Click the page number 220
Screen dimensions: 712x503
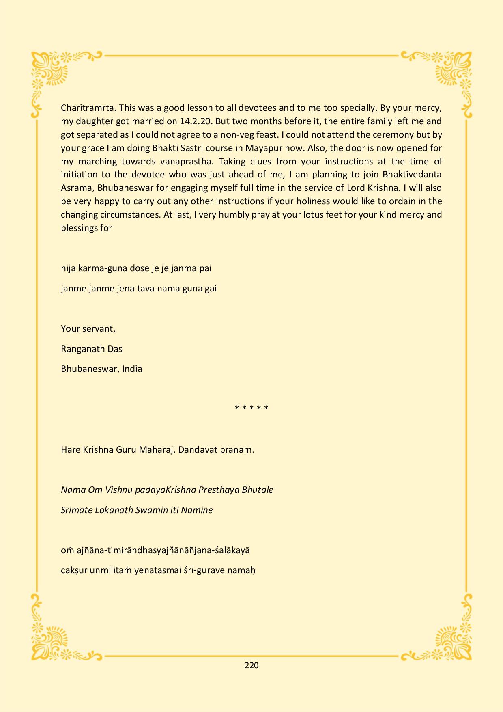251,665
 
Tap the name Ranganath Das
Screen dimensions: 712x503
92,349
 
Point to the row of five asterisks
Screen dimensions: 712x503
251,408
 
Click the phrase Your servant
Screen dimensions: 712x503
88,328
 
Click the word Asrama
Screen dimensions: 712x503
73,188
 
